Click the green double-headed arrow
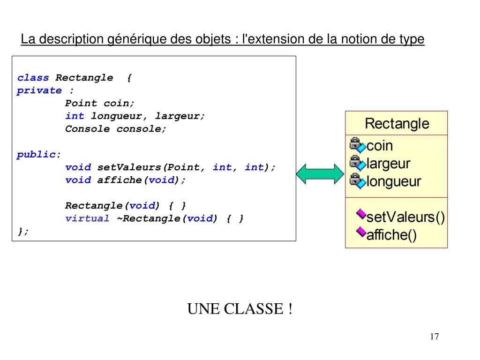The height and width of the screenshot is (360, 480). coord(320,173)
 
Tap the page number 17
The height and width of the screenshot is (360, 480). coord(434,337)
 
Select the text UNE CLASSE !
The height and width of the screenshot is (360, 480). coord(240,309)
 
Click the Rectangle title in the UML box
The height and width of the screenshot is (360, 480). coord(397,124)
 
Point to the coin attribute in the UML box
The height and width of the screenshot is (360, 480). coord(380,146)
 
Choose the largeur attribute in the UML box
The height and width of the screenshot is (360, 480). coord(388,164)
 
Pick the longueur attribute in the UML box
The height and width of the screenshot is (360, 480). coord(394,181)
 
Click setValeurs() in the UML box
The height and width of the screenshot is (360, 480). coord(405,217)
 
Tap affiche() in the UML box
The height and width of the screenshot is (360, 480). coord(391,235)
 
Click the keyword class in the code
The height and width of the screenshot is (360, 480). coord(33,78)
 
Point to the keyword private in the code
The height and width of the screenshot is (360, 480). coord(39,90)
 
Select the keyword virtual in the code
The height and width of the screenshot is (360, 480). coord(87,218)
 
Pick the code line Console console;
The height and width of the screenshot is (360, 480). coord(116,129)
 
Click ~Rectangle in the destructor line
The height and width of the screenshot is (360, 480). coord(149,218)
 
